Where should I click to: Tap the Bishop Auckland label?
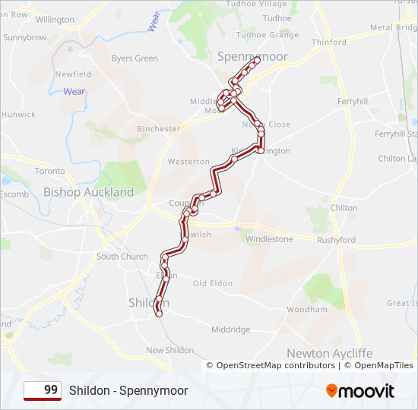88,192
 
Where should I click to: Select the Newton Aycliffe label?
330,353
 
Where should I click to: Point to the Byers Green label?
135,58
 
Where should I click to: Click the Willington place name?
55,19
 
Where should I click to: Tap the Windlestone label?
268,239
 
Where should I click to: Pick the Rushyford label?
336,240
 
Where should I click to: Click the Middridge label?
230,330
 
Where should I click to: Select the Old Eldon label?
212,283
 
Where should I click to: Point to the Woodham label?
307,310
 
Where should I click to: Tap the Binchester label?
158,129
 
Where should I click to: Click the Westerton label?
188,162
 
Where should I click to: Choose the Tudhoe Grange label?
267,35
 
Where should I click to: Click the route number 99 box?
43,390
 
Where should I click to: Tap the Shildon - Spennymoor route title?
128,390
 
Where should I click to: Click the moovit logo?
360,391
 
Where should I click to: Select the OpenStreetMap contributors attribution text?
276,365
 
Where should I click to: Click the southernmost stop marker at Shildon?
159,313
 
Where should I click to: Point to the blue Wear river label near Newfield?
74,92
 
